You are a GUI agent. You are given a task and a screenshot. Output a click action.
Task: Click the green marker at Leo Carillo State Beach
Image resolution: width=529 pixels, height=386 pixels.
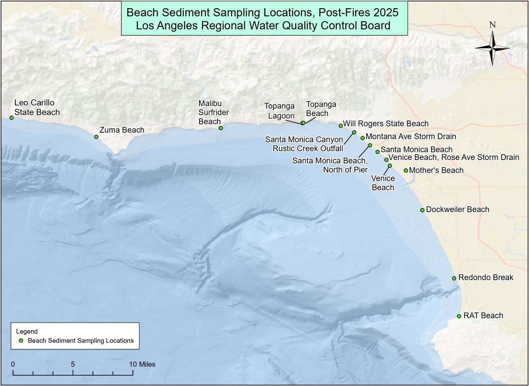tap(12, 118)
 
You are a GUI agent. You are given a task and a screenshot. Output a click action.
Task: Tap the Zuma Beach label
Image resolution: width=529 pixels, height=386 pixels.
tap(122, 130)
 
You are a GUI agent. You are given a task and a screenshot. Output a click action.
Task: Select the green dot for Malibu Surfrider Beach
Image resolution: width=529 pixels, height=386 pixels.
tap(221, 128)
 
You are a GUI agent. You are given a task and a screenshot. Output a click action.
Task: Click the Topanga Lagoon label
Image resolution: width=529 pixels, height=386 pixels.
tap(279, 111)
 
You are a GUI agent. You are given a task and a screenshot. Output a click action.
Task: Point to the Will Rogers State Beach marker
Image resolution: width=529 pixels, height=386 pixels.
tap(341, 126)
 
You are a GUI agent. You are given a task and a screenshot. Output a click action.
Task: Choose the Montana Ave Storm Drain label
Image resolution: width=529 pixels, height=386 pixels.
tap(411, 136)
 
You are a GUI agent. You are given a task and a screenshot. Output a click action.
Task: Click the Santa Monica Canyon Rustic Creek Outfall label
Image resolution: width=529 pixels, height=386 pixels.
tap(304, 144)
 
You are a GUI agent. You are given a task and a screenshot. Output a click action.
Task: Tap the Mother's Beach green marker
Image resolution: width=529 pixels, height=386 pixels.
tap(406, 171)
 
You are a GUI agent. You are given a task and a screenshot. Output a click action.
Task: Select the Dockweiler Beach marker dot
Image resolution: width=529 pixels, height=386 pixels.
tap(422, 210)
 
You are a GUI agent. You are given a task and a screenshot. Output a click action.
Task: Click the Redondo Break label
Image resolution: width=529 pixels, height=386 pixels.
tap(486, 277)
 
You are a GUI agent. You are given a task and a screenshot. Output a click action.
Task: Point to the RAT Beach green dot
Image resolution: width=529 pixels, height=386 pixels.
tap(459, 316)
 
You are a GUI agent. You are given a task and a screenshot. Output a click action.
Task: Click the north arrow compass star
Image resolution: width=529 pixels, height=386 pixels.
tap(493, 48)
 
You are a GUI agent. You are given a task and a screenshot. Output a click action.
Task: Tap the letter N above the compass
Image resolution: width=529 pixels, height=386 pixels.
tap(492, 25)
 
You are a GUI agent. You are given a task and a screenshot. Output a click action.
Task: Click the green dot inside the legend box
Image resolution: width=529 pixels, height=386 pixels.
tap(21, 340)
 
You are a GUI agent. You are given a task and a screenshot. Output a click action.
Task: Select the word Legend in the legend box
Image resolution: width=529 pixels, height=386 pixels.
tap(27, 331)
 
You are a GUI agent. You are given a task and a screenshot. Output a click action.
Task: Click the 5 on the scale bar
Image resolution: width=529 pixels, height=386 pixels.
tap(73, 364)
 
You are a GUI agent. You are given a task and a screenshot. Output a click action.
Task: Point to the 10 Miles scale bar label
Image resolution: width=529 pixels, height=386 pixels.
tap(142, 364)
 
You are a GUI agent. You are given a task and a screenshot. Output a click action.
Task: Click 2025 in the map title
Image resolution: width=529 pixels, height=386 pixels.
tap(386, 13)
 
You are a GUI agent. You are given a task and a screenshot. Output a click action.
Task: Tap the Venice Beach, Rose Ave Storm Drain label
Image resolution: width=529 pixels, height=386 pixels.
tap(454, 157)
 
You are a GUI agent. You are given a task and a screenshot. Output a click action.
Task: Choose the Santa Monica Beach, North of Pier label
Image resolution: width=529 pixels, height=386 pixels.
tap(330, 165)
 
